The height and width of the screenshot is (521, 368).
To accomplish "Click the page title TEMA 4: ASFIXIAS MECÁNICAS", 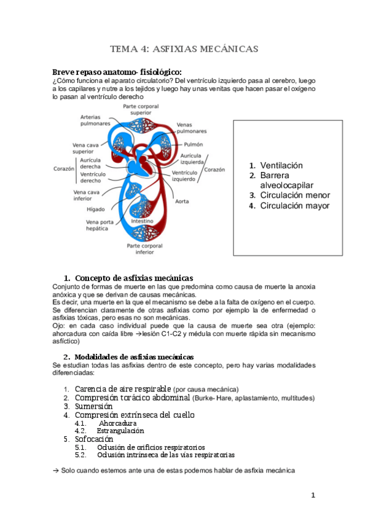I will click(x=184, y=49).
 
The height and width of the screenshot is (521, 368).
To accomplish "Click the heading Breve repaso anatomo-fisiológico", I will click(x=117, y=71).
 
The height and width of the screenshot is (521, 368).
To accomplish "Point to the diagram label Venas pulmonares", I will click(x=191, y=128).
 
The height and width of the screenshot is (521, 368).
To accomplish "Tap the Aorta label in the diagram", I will click(x=182, y=201).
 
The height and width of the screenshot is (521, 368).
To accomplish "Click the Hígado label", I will click(x=95, y=209).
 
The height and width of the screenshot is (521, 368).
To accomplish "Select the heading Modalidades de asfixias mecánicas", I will click(x=138, y=356).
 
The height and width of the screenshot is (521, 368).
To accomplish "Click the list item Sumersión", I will click(x=93, y=406).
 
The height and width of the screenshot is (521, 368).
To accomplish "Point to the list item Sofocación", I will click(x=94, y=439).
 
